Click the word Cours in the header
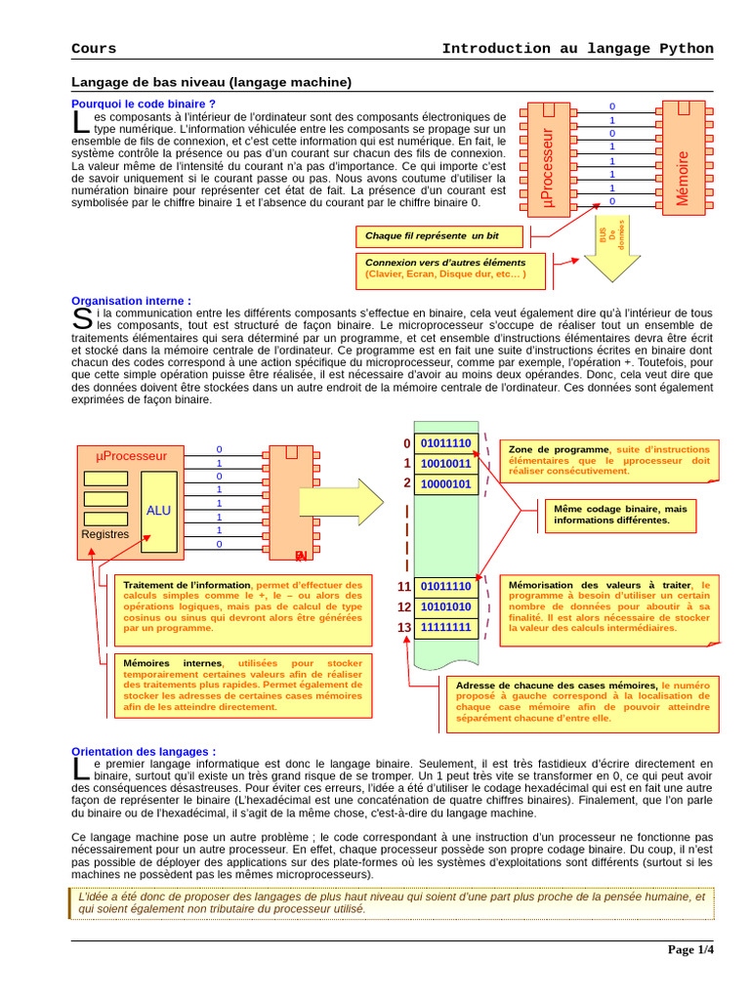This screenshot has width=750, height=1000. click(x=94, y=49)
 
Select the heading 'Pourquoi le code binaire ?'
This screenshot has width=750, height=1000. click(x=144, y=104)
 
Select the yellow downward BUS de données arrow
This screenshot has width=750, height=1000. click(x=612, y=249)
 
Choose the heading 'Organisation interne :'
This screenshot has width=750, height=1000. click(x=132, y=301)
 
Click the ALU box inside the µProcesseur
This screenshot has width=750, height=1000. click(x=158, y=510)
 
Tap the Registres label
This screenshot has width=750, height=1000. click(x=105, y=534)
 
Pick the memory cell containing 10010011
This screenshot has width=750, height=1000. click(x=445, y=464)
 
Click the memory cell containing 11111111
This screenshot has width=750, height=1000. click(x=445, y=627)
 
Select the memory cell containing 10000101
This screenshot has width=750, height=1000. click(x=445, y=484)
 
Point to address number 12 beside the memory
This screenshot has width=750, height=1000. click(x=404, y=606)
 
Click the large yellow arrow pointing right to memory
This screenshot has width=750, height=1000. click(x=342, y=502)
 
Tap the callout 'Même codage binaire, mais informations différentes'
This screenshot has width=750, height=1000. click(x=619, y=515)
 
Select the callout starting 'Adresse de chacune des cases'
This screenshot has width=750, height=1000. click(x=582, y=704)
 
